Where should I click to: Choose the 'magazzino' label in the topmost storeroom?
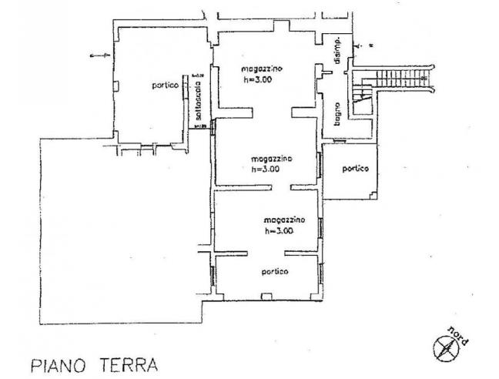click(x=262, y=69)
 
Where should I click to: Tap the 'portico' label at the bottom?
click(x=274, y=272)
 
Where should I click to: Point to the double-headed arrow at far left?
click(x=98, y=57)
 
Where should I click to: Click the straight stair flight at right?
click(x=397, y=77)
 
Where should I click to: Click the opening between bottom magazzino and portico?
click(x=265, y=253)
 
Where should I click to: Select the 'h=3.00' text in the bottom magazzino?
click(x=279, y=230)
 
